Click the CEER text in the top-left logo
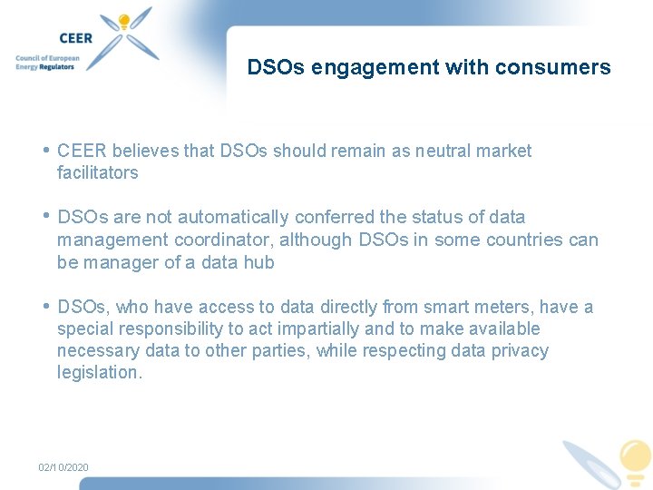tap(76, 38)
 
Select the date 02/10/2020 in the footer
tap(63, 467)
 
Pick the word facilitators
tap(98, 172)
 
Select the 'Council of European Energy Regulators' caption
tap(47, 63)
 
